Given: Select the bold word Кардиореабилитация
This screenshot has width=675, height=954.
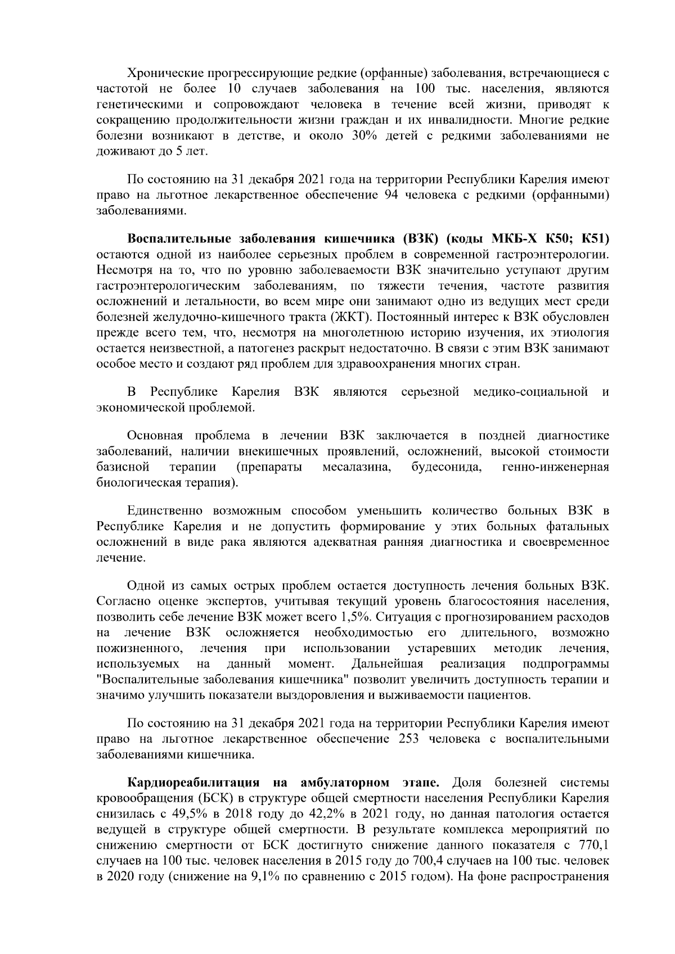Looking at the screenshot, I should (193, 783).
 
